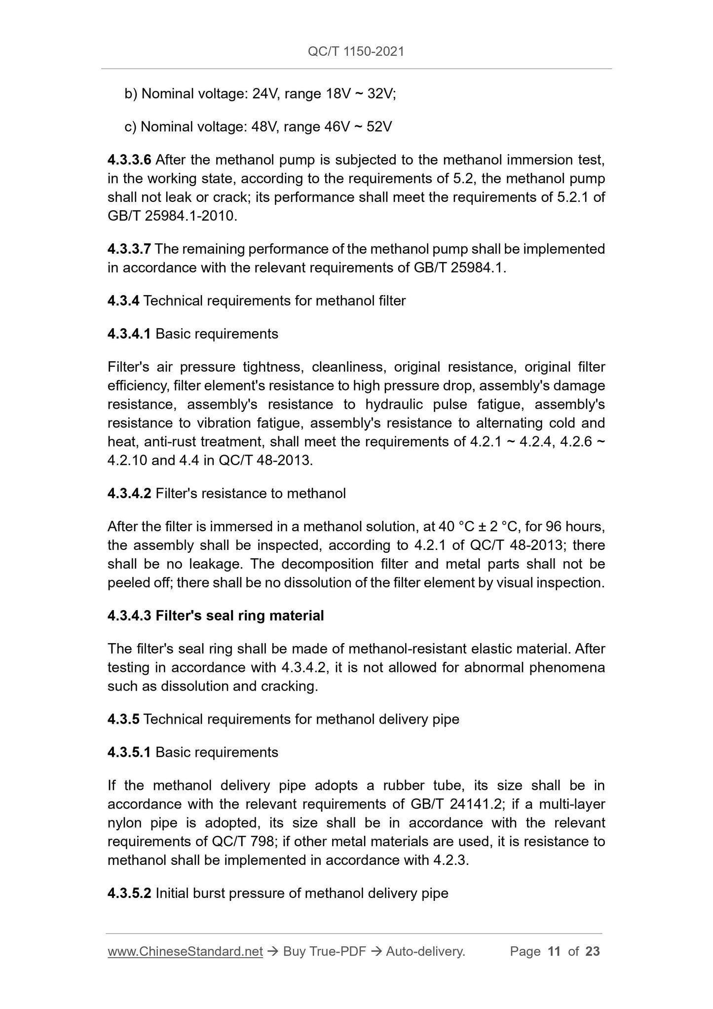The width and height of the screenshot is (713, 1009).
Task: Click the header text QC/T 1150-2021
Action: tap(356, 51)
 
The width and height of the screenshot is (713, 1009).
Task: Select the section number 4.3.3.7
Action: tap(129, 249)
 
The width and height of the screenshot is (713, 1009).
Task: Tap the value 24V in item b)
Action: tap(265, 94)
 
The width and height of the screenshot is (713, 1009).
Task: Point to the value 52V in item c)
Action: tap(379, 127)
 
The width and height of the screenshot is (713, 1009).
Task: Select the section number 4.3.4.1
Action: tap(129, 334)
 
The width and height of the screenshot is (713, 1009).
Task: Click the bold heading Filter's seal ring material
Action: tap(240, 616)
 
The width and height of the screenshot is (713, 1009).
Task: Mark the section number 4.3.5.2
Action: tap(129, 893)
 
